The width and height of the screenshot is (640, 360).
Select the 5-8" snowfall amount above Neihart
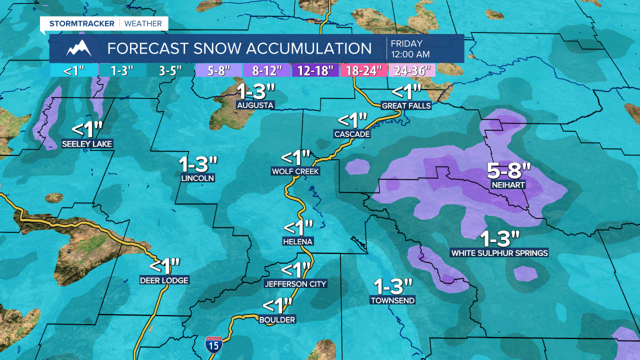pos(508,171)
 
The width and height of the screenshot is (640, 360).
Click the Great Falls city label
pos(406,105)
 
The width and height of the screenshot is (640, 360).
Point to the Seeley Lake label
pos(87,144)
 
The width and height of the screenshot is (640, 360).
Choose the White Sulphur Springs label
pos(499,253)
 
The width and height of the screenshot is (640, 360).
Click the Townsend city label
pos(392,300)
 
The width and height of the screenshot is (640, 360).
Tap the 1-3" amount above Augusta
pos(256,92)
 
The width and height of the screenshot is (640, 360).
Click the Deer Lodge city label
pos(164,280)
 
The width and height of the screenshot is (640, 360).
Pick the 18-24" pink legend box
pos(363,70)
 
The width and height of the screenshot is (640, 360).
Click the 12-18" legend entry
pos(315,70)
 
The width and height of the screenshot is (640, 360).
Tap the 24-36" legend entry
pos(412,70)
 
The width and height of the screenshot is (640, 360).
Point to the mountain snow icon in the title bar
pos(79,48)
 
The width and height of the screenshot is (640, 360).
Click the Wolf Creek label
pos(295,171)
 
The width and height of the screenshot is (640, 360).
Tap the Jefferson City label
pos(295,284)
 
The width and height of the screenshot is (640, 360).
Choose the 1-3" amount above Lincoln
pos(198,164)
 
